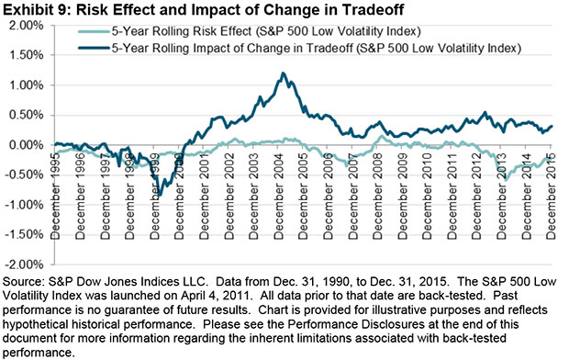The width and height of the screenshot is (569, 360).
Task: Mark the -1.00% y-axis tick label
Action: (26, 205)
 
